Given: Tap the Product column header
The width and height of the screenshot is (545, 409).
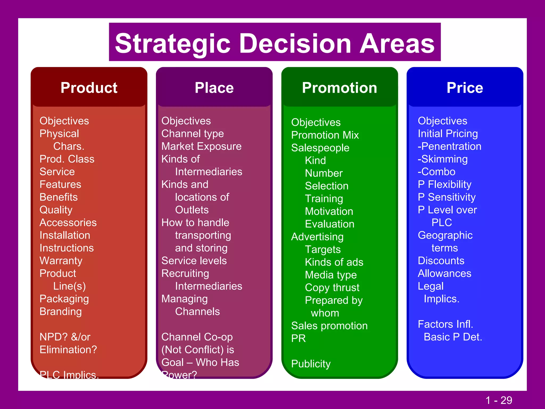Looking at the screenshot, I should (89, 88).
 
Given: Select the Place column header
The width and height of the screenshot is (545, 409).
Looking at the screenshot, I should (214, 88).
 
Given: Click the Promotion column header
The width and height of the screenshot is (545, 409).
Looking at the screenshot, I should (340, 88).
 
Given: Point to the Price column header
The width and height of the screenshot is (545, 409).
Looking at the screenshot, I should (465, 88).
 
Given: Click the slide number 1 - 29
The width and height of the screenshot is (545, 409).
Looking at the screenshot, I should (498, 400).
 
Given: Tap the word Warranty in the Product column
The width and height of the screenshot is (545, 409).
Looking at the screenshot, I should (61, 261).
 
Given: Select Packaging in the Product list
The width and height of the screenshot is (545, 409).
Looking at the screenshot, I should (64, 299).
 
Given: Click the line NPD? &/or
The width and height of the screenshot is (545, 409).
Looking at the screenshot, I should (65, 337).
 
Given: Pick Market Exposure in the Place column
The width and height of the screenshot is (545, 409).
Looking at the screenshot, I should (201, 146).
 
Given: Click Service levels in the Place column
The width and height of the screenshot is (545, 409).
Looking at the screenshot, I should (194, 261).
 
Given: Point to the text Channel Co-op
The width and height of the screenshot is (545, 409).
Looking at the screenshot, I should (197, 337).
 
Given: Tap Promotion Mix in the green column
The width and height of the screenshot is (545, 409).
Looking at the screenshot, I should (325, 135).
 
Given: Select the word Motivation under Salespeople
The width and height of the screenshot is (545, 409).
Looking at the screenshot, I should (329, 211).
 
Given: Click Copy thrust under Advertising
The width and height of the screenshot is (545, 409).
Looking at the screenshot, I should (332, 288).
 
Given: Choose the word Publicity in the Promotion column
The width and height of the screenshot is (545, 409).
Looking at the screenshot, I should (311, 364).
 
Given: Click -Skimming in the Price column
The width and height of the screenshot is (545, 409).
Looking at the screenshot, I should (443, 159).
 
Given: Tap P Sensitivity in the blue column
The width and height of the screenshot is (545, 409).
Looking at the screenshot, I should (447, 197).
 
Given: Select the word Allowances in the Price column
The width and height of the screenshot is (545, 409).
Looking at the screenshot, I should (444, 273).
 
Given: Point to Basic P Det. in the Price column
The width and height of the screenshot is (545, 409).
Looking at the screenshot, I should (453, 337).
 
